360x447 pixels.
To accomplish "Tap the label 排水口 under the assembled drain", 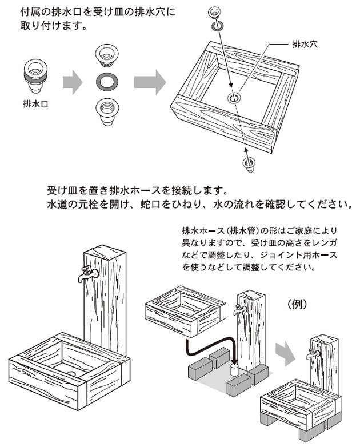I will [x=34, y=105].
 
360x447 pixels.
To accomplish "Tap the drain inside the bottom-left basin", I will [x=71, y=373].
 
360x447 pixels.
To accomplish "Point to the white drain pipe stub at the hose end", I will [x=234, y=368].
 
